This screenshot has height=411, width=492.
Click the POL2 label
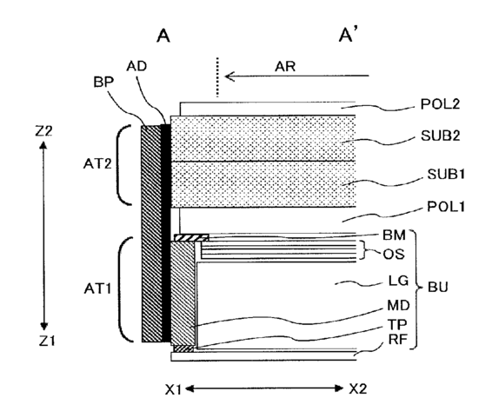tap(440, 104)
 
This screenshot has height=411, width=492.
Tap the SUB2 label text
tap(440, 136)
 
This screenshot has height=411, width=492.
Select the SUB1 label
tap(446, 174)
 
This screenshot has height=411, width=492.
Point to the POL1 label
tap(446, 207)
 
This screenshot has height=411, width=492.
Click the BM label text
tap(394, 235)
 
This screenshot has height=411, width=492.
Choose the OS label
tap(394, 254)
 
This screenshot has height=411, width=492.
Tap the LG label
tap(398, 281)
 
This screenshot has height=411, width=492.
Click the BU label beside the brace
tap(438, 287)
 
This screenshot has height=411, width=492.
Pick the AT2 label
tap(97, 163)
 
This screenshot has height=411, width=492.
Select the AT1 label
tap(97, 289)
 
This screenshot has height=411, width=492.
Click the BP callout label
tap(103, 82)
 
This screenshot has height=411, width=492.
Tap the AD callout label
tap(136, 66)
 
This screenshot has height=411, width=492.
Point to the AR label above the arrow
tap(285, 67)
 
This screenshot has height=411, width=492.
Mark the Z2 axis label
tap(43, 131)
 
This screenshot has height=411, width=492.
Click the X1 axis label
tap(174, 389)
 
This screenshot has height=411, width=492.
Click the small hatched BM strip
tap(191, 238)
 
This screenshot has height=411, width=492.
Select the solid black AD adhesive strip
tap(165, 233)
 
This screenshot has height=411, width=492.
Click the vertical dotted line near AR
tap(216, 77)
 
